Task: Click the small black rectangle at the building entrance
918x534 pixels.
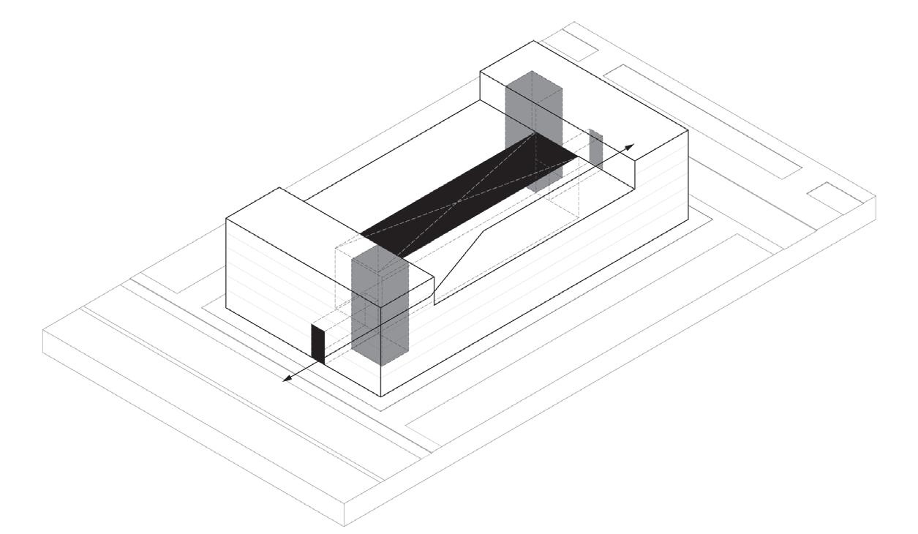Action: tap(317, 343)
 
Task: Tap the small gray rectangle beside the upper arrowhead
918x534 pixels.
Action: tap(595, 148)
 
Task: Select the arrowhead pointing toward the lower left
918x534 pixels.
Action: tap(287, 378)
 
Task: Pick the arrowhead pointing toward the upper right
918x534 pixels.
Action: tap(631, 146)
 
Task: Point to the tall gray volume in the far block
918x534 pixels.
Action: tap(535, 124)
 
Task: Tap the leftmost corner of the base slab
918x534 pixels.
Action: tap(44, 333)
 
